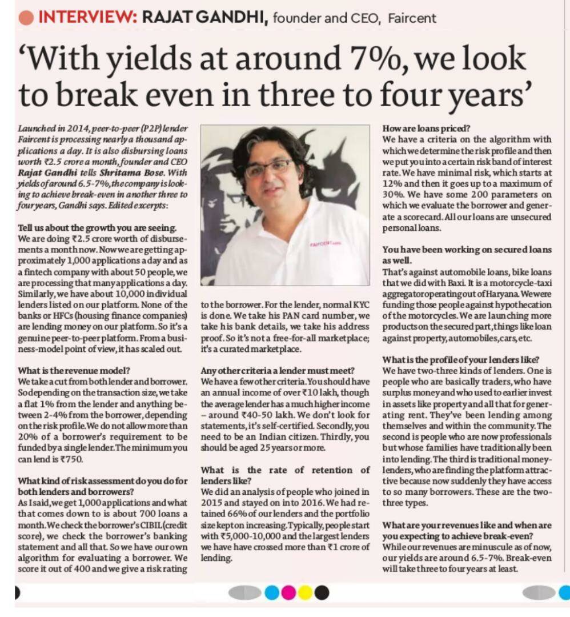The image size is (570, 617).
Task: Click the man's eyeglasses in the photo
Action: [x=269, y=168]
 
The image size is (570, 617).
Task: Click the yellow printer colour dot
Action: [x=306, y=592]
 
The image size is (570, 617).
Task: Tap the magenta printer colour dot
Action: [x=288, y=592]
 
